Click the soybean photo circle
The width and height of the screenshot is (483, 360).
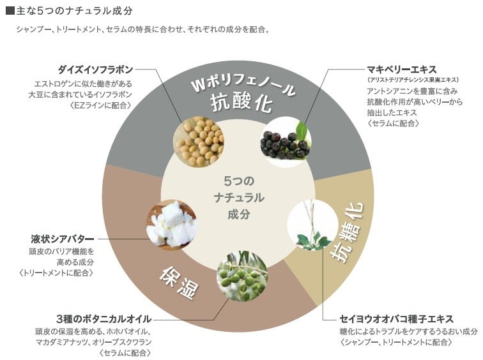(x=199, y=140)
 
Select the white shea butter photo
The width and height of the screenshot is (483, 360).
(x=171, y=225)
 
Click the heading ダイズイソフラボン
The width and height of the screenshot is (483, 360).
(x=95, y=70)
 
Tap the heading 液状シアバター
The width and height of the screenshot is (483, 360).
(x=62, y=239)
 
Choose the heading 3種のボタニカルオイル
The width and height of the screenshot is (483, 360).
(x=103, y=319)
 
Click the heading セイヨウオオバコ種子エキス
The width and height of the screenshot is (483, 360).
(x=397, y=319)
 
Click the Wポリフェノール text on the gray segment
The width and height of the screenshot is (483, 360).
(x=243, y=85)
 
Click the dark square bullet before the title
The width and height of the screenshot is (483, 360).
(x=9, y=11)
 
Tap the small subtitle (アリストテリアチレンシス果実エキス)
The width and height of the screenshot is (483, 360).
(x=413, y=80)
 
